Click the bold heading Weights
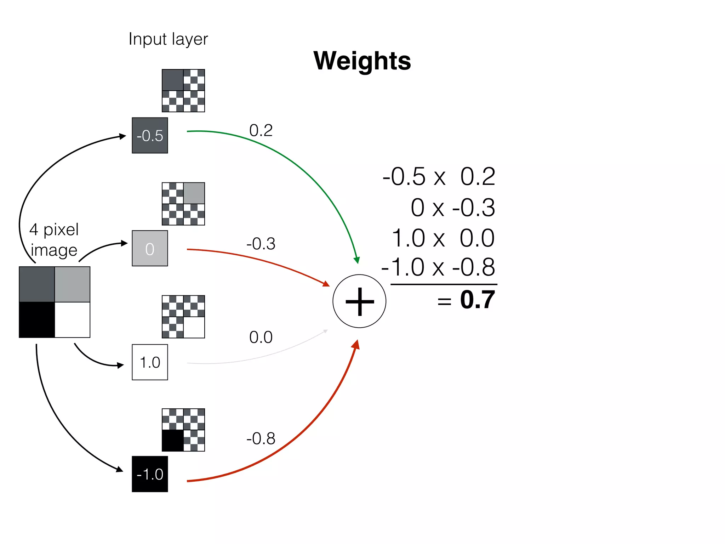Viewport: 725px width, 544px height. [362, 61]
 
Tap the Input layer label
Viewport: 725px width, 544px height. [168, 39]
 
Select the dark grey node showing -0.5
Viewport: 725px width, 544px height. [150, 136]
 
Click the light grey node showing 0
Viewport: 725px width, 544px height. [150, 249]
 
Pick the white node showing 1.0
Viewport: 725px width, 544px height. [150, 362]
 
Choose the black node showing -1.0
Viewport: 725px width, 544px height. [150, 474]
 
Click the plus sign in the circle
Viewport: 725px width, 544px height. [359, 301]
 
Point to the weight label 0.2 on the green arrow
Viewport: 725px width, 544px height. [261, 130]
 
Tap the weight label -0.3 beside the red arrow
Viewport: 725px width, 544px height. [261, 244]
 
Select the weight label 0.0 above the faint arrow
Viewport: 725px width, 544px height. [261, 337]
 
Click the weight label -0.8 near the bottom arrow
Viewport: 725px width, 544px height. [261, 438]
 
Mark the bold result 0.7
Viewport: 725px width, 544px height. [477, 300]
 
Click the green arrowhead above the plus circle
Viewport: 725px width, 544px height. [357, 260]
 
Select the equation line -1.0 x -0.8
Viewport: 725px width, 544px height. [438, 267]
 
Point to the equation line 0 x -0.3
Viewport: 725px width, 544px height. [452, 208]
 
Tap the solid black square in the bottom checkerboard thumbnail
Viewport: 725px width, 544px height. [173, 441]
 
